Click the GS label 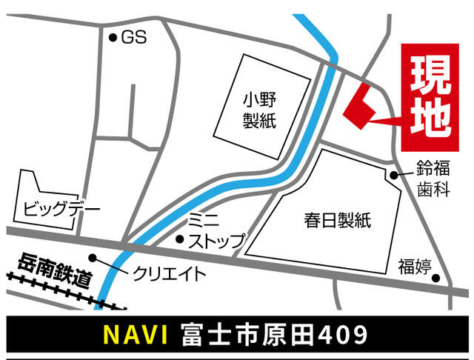click(x=134, y=36)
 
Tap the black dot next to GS click(x=113, y=37)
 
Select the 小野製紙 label click(x=259, y=109)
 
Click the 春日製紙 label click(x=337, y=219)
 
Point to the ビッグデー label click(x=61, y=208)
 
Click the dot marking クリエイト click(x=93, y=258)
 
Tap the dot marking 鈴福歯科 click(x=395, y=176)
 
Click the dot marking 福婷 click(x=437, y=279)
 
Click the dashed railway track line click(x=59, y=290)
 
